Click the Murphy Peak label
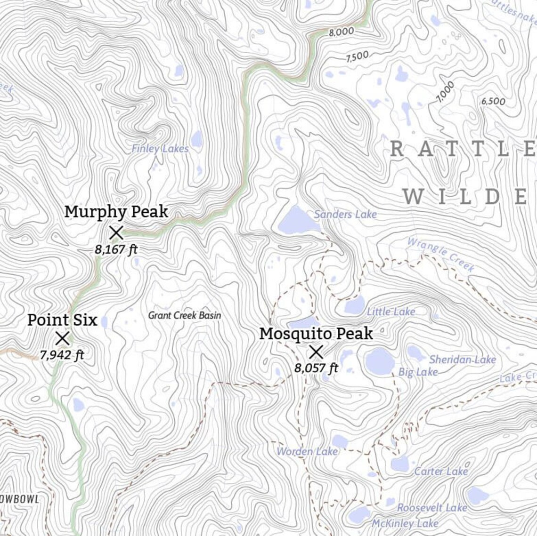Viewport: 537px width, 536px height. tap(116, 212)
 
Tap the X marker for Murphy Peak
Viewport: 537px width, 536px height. tap(116, 232)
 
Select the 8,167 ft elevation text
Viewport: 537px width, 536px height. tap(116, 249)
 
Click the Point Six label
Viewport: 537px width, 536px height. tap(62, 320)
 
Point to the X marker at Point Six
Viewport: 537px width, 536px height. tap(63, 338)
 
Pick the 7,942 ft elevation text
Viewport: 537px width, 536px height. tap(62, 355)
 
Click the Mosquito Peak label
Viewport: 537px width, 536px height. tap(316, 334)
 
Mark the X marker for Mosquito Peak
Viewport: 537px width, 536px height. tap(316, 352)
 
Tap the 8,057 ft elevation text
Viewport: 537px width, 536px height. tap(316, 368)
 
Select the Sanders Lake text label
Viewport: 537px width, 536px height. tap(345, 215)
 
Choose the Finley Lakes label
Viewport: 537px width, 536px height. tap(160, 149)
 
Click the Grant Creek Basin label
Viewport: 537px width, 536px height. tap(185, 315)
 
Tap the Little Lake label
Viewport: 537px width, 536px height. tap(391, 312)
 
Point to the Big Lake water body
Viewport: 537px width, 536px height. tap(379, 361)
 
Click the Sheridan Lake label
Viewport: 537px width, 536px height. tap(462, 360)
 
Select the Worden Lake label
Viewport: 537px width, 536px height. tap(307, 452)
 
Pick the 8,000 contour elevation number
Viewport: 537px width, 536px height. tap(341, 32)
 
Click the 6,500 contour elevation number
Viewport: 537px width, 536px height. tap(493, 101)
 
